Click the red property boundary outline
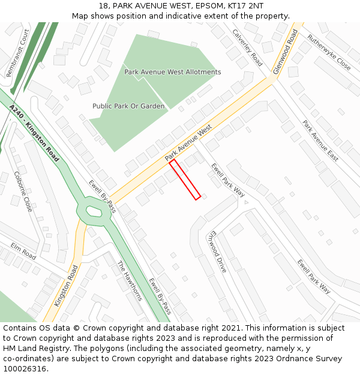tap(185, 179)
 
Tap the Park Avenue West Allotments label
tap(172, 72)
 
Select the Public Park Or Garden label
tap(128, 106)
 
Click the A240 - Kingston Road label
tap(34, 133)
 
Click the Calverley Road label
tap(247, 48)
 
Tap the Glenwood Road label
tap(285, 52)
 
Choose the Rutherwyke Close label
tap(329, 52)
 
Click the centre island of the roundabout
tap(93, 211)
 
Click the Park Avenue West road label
tap(188, 143)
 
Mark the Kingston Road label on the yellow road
tap(66, 286)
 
